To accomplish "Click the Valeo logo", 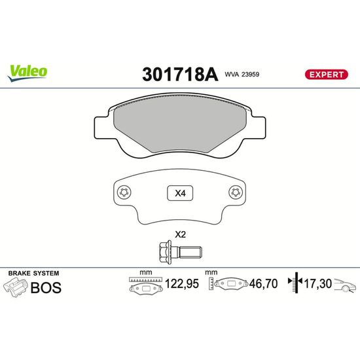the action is [27, 73].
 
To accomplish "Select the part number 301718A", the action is [180, 75].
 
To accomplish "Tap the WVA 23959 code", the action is [242, 75].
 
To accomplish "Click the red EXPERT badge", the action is [326, 75].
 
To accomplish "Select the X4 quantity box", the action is [180, 193].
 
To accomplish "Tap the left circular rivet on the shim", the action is [124, 192].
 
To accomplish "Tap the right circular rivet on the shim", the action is [236, 192].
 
